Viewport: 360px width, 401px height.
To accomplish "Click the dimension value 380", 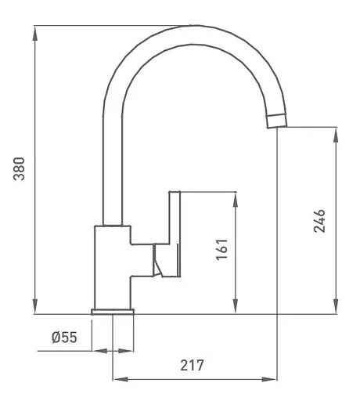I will (x=20, y=170).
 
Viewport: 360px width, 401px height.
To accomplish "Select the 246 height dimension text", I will (x=319, y=222).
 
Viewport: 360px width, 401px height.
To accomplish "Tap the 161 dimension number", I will (x=221, y=250).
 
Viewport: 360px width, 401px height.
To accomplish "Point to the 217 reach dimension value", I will (x=192, y=365).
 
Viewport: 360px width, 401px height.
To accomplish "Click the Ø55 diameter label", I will (x=63, y=338).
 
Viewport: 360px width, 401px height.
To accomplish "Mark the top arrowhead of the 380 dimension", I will (x=36, y=31).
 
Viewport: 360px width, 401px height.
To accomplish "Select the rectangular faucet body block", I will (x=112, y=266).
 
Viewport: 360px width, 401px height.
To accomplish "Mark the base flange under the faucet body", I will (x=113, y=312).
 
